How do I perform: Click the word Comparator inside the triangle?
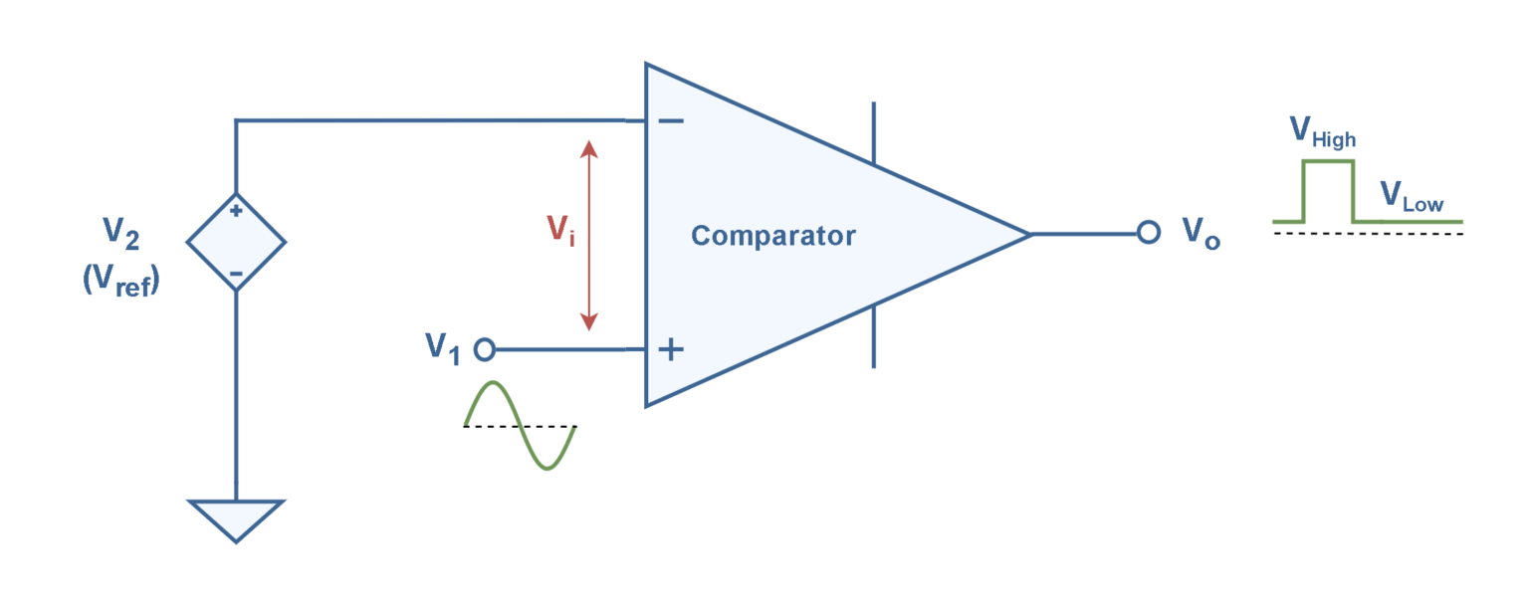click(x=772, y=236)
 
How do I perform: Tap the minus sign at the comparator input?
click(x=671, y=121)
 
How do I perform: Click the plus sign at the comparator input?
click(x=672, y=349)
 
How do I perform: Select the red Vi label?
click(x=560, y=231)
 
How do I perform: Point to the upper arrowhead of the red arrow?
click(x=589, y=149)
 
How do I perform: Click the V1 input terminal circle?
click(x=485, y=349)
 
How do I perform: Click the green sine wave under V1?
click(x=521, y=425)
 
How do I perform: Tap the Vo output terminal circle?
click(x=1149, y=233)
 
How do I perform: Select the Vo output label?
click(x=1201, y=233)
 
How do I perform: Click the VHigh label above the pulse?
click(x=1321, y=132)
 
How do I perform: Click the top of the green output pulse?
click(x=1328, y=161)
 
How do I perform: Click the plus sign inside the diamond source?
click(x=237, y=211)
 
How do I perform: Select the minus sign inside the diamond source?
click(x=237, y=273)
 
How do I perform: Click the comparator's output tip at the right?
click(x=1028, y=234)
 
